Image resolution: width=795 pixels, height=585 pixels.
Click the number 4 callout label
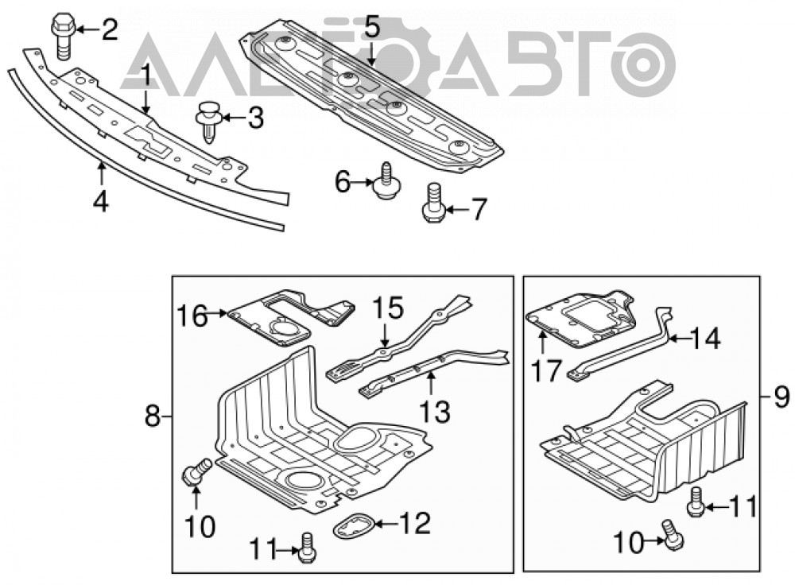[101, 202]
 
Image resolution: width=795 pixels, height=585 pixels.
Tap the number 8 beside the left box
[153, 418]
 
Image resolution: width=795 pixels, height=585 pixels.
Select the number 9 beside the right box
[781, 397]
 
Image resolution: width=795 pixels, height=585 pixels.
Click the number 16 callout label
[192, 316]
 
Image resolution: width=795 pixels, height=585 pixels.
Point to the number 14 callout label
[705, 338]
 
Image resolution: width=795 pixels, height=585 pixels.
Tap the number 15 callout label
[388, 308]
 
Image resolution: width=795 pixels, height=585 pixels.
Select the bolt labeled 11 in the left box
[307, 548]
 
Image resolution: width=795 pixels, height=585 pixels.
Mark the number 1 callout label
[145, 77]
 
